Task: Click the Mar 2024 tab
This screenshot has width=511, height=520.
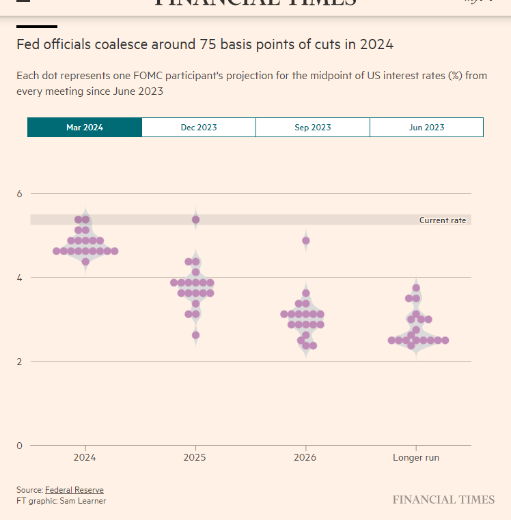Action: pyautogui.click(x=85, y=128)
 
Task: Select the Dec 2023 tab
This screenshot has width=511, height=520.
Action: pyautogui.click(x=199, y=128)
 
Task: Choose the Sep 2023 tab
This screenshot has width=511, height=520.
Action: pyautogui.click(x=313, y=128)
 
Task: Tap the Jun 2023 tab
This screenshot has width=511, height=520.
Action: pyautogui.click(x=426, y=128)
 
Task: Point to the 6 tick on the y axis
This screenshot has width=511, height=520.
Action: pyautogui.click(x=20, y=194)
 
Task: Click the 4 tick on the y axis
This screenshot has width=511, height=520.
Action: pyautogui.click(x=20, y=278)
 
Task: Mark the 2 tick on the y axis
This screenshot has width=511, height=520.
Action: pyautogui.click(x=20, y=362)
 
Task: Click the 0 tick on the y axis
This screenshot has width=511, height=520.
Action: pyautogui.click(x=20, y=446)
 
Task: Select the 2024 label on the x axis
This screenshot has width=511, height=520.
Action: pyautogui.click(x=85, y=458)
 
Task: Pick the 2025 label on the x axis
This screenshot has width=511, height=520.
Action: pyautogui.click(x=195, y=458)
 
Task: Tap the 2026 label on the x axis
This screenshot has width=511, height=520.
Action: pyautogui.click(x=305, y=458)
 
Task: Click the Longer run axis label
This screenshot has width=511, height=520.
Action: pyautogui.click(x=416, y=458)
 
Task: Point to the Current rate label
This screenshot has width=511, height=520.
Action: pyautogui.click(x=443, y=220)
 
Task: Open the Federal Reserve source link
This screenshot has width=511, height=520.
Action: pyautogui.click(x=74, y=490)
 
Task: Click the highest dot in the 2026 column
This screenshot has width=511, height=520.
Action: pyautogui.click(x=306, y=241)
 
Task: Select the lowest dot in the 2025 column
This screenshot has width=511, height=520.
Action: pyautogui.click(x=195, y=335)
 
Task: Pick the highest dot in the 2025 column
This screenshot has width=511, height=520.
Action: pyautogui.click(x=195, y=220)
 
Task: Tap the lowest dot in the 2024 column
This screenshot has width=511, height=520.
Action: pyautogui.click(x=85, y=261)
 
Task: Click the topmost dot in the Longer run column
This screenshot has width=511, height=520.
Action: pyautogui.click(x=416, y=287)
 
